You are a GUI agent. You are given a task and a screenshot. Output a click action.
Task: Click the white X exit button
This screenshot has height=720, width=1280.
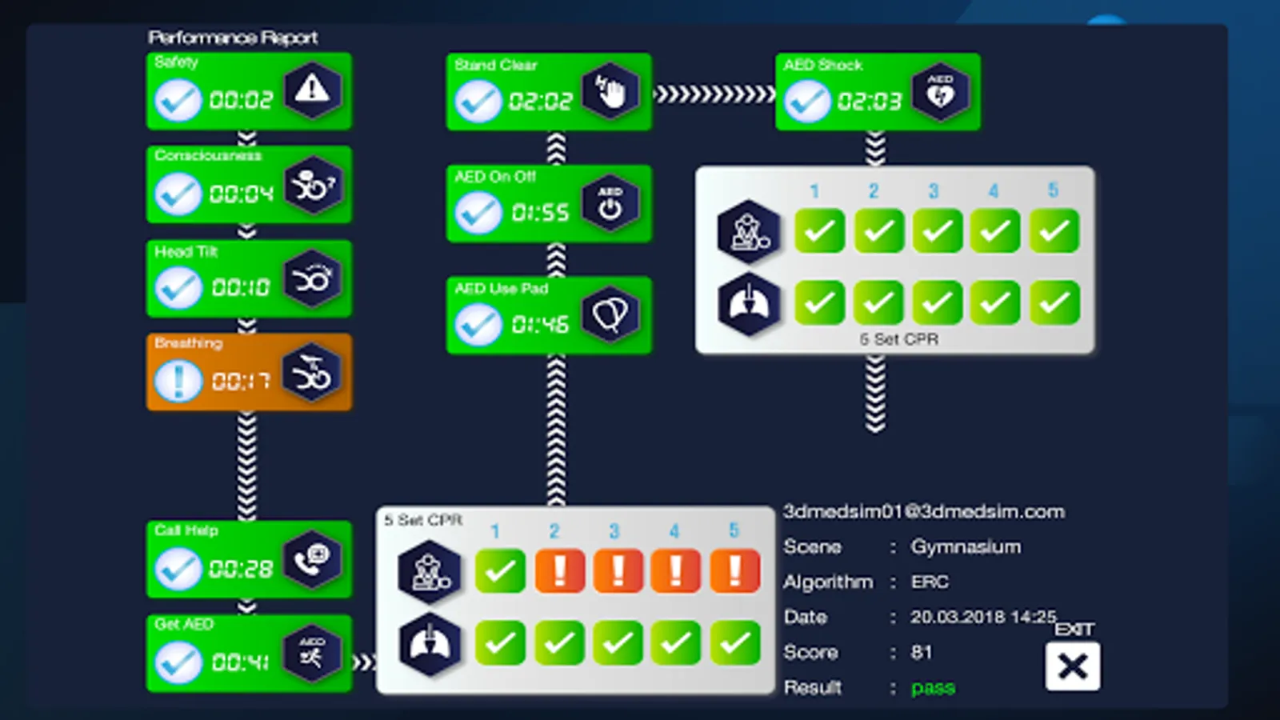1072,666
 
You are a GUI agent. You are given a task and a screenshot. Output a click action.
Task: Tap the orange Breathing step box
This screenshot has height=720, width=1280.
249,372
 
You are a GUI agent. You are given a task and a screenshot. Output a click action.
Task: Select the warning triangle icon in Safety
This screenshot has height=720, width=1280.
312,90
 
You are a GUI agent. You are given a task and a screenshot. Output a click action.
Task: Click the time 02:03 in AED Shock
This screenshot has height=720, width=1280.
869,102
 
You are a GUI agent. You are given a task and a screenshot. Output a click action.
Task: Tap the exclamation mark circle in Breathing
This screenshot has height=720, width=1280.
178,381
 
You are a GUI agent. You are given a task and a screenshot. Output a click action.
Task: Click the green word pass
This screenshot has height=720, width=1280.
933,687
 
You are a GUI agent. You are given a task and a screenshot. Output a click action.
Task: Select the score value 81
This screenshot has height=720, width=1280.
921,652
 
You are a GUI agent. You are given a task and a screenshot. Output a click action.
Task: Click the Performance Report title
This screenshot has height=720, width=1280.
233,38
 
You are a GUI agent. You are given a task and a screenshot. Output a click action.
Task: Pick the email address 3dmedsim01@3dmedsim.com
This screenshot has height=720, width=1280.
923,511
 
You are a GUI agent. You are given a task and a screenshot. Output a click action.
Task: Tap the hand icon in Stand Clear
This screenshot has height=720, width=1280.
610,91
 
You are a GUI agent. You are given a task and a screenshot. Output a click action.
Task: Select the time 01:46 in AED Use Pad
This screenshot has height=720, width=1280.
540,324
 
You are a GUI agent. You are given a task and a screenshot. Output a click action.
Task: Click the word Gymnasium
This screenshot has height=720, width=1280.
966,546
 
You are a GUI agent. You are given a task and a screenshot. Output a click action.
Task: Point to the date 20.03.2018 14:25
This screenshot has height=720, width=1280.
983,617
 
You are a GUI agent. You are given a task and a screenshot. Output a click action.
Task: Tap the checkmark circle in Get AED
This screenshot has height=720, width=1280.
178,662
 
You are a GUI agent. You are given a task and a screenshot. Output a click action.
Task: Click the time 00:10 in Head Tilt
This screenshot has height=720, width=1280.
241,287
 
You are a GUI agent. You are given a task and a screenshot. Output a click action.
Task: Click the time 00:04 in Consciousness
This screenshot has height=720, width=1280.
241,194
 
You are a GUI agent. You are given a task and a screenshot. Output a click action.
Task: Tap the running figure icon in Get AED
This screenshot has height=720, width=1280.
312,653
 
